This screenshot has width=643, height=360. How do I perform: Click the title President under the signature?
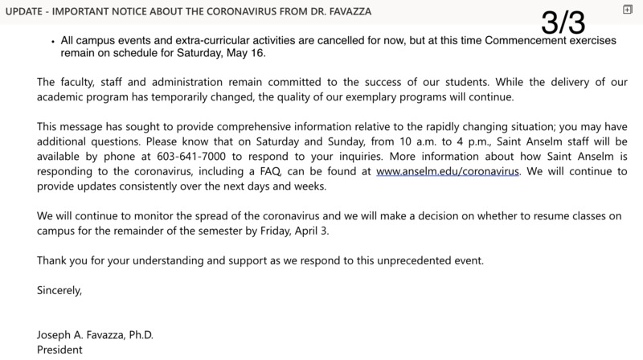pyautogui.click(x=59, y=350)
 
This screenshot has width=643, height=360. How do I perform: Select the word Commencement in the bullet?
pyautogui.click(x=535, y=38)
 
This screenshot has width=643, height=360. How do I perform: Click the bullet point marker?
pyautogui.click(x=51, y=39)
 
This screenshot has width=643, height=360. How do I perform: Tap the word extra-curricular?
pyautogui.click(x=230, y=38)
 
